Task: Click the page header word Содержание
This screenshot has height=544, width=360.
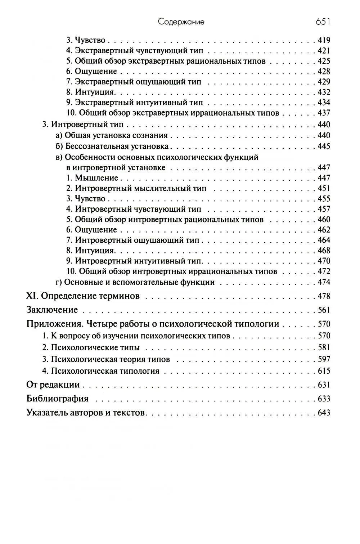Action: tap(181, 22)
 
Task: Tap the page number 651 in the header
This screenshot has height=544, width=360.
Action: tap(323, 22)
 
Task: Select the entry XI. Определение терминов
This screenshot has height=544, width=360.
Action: tap(83, 296)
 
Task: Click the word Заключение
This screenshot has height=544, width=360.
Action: tap(52, 310)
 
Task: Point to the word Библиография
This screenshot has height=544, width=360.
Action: tap(58, 399)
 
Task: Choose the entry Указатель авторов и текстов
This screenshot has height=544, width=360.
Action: tap(86, 413)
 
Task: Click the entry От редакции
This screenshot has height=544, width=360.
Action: tap(53, 385)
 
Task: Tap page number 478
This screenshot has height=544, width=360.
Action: tap(324, 296)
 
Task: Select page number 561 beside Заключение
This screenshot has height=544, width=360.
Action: tap(324, 310)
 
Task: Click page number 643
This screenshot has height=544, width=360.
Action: tap(324, 413)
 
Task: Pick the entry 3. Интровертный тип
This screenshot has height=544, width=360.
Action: tap(83, 125)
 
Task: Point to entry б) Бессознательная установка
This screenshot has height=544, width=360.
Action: tap(112, 147)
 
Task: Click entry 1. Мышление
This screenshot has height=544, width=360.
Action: tap(92, 178)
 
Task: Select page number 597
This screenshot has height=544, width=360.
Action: tap(324, 359)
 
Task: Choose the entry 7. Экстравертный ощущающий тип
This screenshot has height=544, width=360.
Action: tap(133, 82)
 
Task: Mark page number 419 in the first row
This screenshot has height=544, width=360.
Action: tap(324, 40)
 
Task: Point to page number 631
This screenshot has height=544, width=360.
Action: tap(324, 385)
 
